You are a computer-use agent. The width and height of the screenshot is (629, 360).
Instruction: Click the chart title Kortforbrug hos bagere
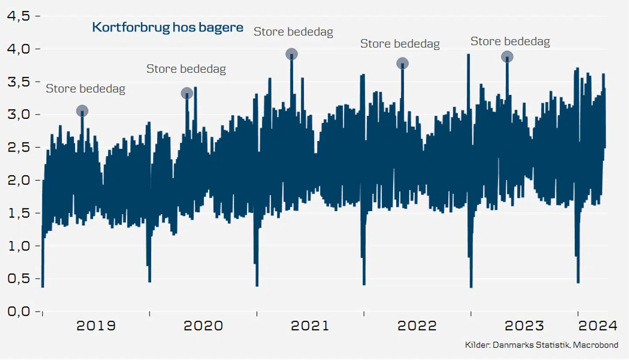click(x=168, y=27)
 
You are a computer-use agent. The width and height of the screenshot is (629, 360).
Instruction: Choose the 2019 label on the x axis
click(x=96, y=325)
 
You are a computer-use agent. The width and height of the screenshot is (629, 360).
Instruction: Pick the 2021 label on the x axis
click(x=310, y=325)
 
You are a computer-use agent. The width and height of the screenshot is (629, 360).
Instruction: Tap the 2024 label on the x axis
click(x=597, y=325)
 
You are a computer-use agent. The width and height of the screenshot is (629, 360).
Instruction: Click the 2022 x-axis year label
click(x=417, y=325)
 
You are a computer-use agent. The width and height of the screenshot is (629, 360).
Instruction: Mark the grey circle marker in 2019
click(x=82, y=111)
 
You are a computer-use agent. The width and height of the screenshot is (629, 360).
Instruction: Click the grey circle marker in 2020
click(x=187, y=93)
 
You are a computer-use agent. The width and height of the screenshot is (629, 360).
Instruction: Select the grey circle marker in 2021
click(x=292, y=54)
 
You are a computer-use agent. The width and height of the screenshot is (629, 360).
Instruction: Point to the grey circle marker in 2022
click(x=402, y=63)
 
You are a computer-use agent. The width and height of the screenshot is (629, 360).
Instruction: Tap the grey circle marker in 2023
click(x=507, y=56)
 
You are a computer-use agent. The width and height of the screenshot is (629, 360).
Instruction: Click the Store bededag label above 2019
click(x=86, y=89)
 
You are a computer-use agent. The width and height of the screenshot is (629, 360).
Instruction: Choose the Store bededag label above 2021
click(x=294, y=31)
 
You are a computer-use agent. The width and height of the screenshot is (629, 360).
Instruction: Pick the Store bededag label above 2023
click(x=510, y=42)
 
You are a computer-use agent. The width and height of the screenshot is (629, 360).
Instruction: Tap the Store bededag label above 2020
click(x=186, y=69)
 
